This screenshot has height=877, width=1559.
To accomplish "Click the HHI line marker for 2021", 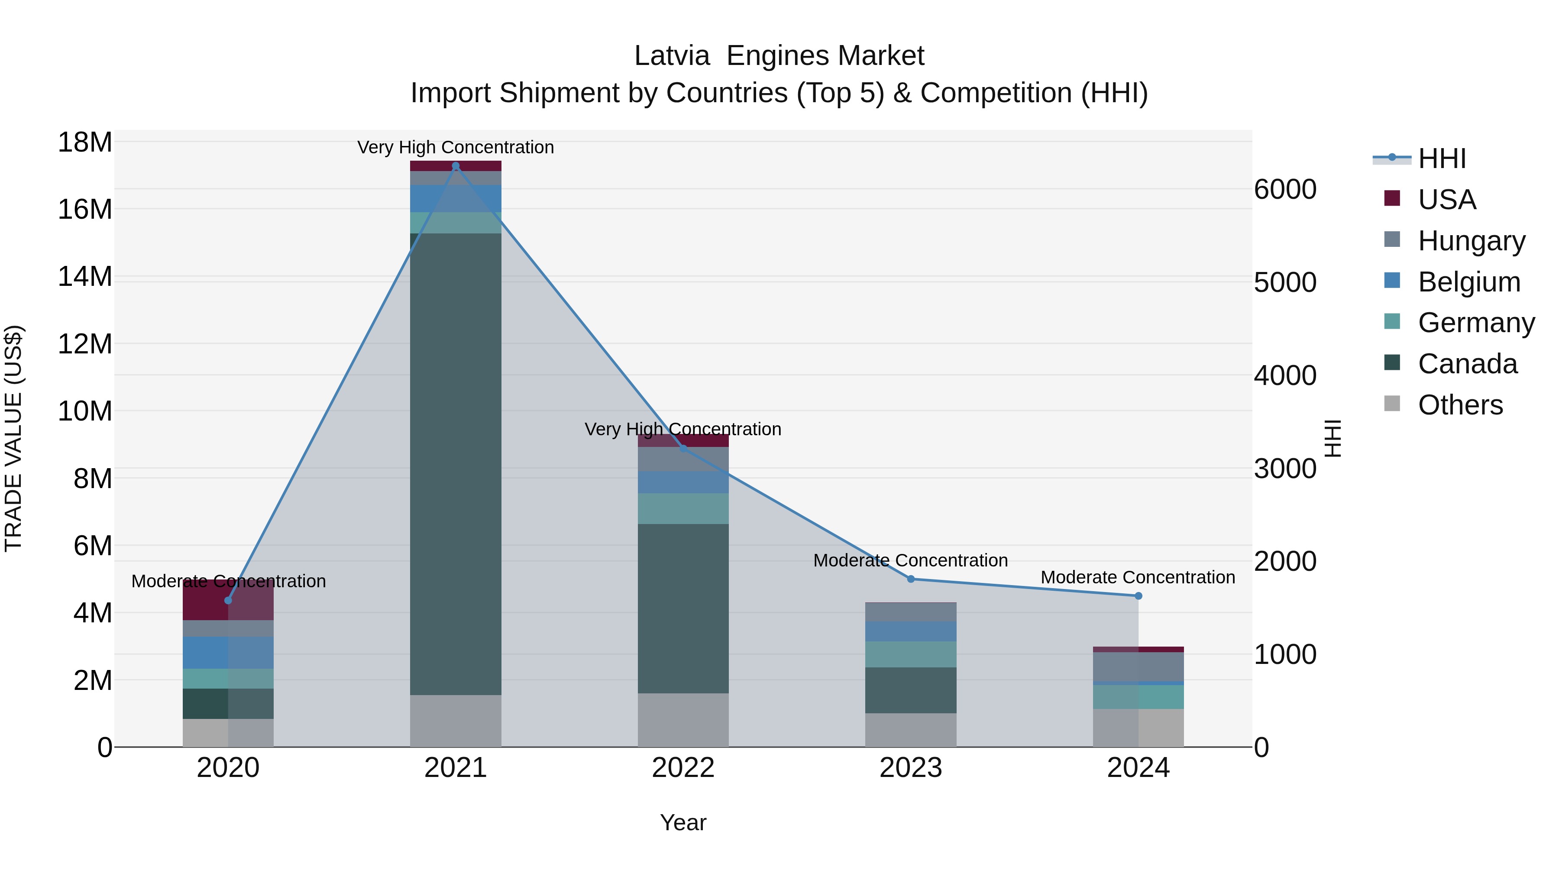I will click(x=456, y=166).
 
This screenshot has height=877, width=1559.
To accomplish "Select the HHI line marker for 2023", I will click(x=911, y=579).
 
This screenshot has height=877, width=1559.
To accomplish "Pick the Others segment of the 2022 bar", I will click(x=683, y=720).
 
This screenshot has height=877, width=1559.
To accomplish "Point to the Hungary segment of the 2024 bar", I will click(x=1139, y=667).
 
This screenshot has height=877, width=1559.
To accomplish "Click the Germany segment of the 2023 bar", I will click(x=911, y=654).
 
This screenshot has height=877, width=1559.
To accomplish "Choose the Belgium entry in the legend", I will click(x=1469, y=282).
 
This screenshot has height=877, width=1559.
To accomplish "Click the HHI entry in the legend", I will click(x=1442, y=159).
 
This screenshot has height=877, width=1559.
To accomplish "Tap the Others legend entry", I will click(x=1460, y=405).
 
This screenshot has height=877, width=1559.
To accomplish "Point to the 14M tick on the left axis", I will click(x=85, y=277).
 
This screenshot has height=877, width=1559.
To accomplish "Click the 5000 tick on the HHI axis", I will click(x=1285, y=283).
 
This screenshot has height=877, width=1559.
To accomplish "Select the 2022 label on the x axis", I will click(x=683, y=768).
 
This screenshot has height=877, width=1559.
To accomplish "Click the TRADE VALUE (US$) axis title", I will click(x=14, y=438).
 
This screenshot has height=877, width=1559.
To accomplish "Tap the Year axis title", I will click(x=683, y=822).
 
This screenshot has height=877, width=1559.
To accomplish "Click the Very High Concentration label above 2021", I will click(x=456, y=147).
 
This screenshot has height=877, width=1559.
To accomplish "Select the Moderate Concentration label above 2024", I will click(x=1138, y=577).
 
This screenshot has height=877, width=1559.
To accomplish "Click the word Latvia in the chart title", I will click(x=672, y=56).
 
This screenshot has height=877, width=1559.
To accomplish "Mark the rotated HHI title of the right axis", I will click(x=1333, y=438).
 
